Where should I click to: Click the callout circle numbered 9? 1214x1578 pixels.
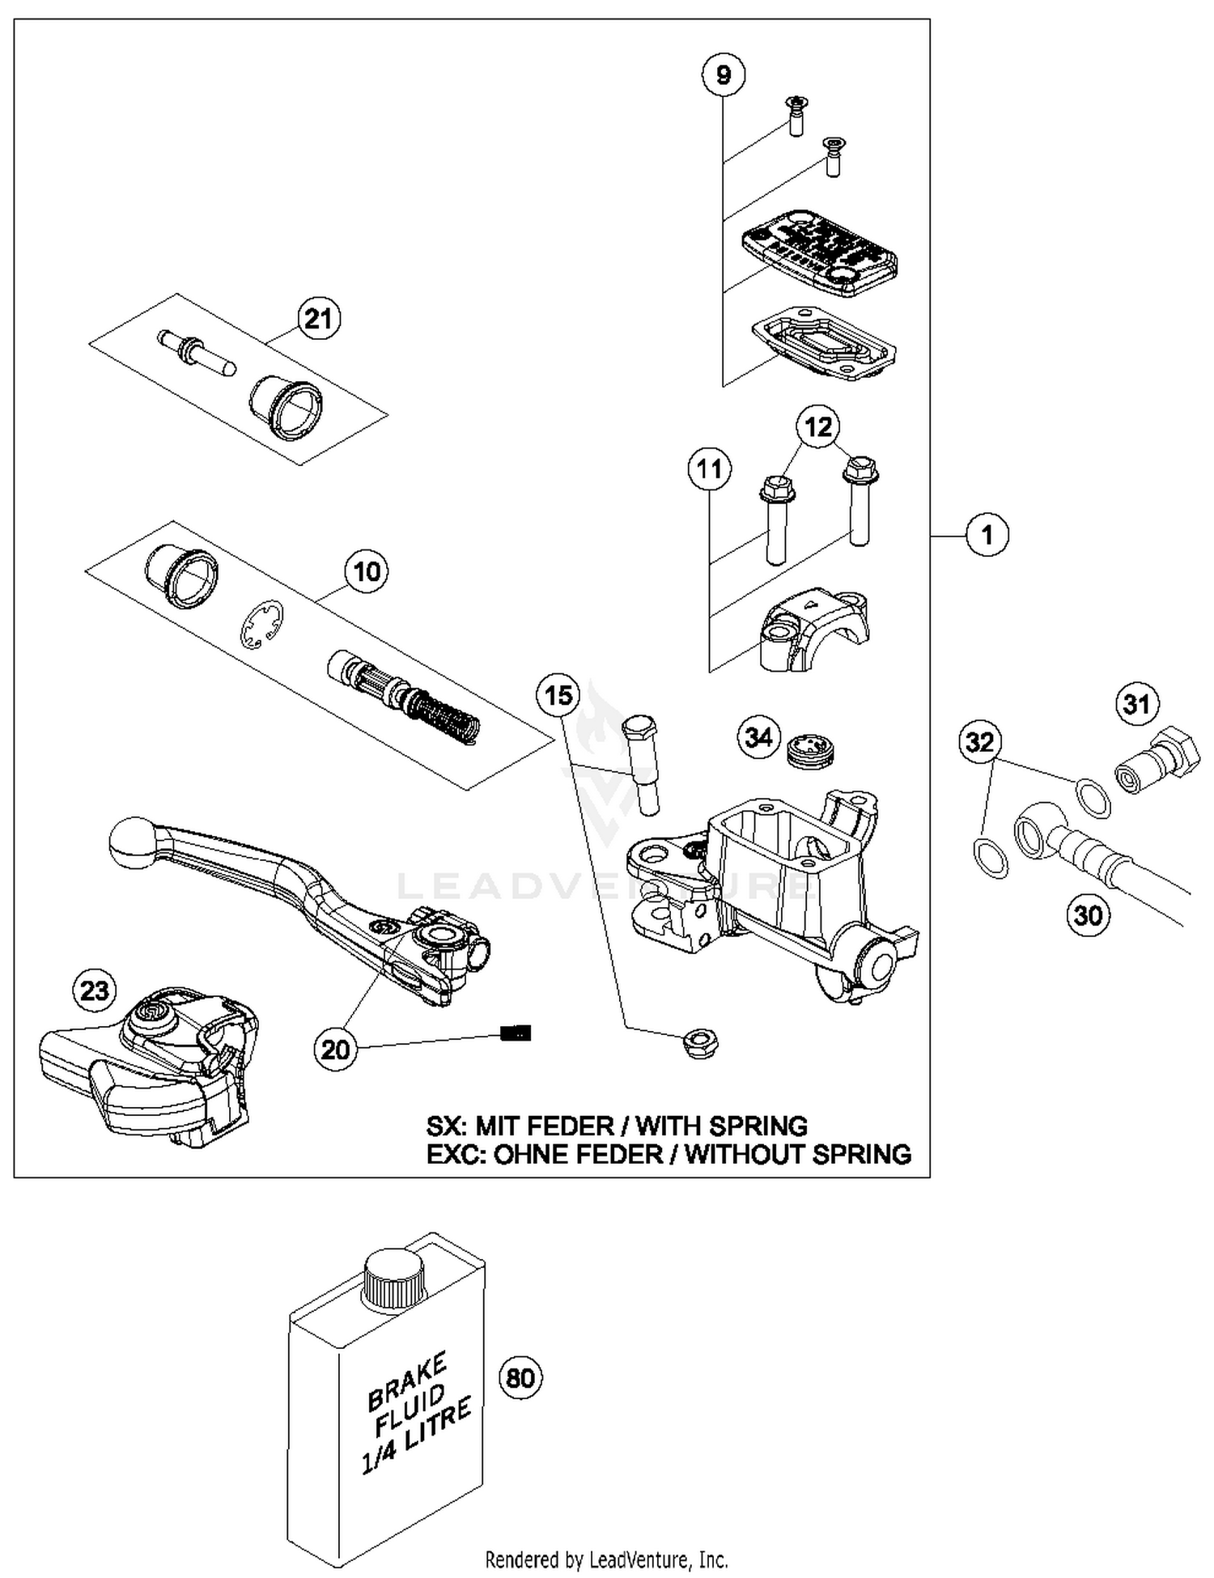coord(723,74)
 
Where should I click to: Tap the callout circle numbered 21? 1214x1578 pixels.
coord(318,318)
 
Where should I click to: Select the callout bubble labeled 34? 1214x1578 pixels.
coord(758,737)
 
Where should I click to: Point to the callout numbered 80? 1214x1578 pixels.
coord(520,1377)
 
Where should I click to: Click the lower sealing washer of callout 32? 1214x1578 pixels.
coord(990,857)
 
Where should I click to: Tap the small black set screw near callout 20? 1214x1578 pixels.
coord(516,1033)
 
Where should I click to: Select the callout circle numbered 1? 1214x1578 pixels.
coord(987,535)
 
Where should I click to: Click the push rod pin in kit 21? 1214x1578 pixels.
coord(197,353)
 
